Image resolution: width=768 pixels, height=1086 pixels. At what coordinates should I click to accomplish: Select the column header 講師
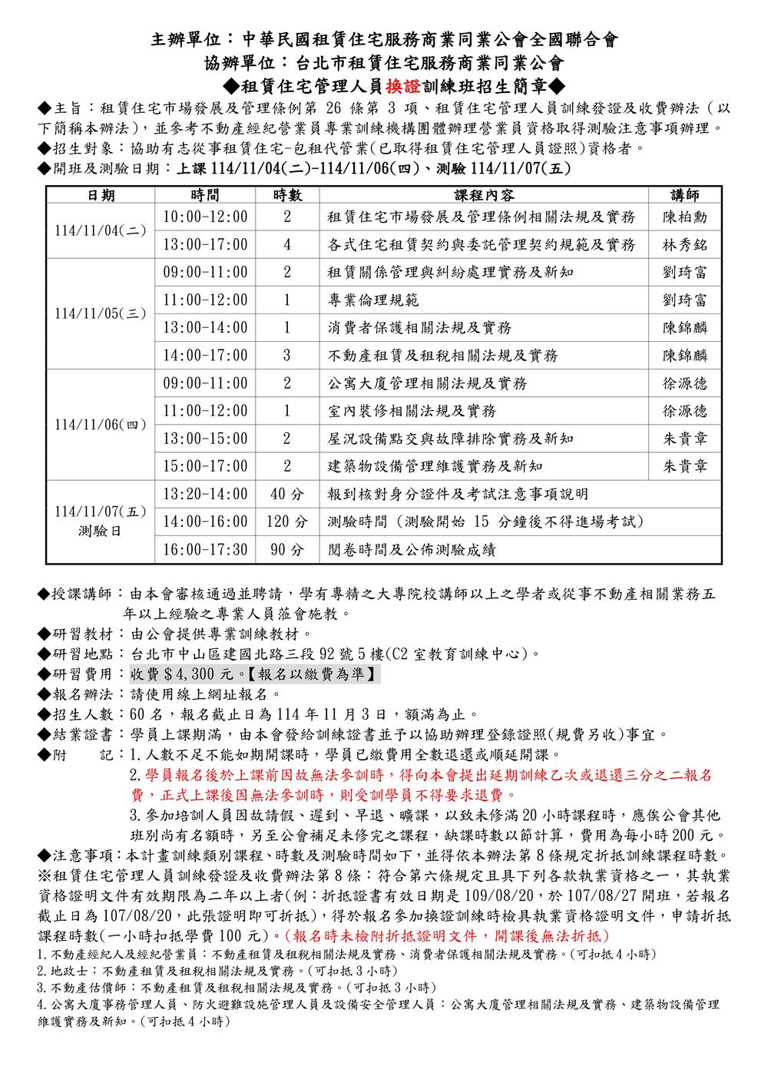685,195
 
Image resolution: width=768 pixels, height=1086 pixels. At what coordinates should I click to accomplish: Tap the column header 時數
287,195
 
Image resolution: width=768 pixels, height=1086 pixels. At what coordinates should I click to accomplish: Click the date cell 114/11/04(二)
101,230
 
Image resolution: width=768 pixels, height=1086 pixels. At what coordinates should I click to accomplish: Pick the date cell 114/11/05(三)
101,313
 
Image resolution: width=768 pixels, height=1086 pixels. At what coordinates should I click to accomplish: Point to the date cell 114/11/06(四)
101,424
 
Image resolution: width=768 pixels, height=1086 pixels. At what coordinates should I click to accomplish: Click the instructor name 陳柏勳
685,217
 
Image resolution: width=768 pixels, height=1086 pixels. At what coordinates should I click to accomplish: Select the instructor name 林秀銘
685,245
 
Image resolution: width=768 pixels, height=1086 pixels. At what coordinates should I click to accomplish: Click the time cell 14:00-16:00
206,522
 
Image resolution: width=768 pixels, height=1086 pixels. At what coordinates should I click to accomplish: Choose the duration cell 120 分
287,522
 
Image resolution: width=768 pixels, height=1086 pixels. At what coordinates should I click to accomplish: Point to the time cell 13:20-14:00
206,495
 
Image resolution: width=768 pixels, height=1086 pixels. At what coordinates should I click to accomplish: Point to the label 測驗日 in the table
101,530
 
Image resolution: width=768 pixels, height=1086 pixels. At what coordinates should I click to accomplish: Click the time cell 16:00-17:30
206,550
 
